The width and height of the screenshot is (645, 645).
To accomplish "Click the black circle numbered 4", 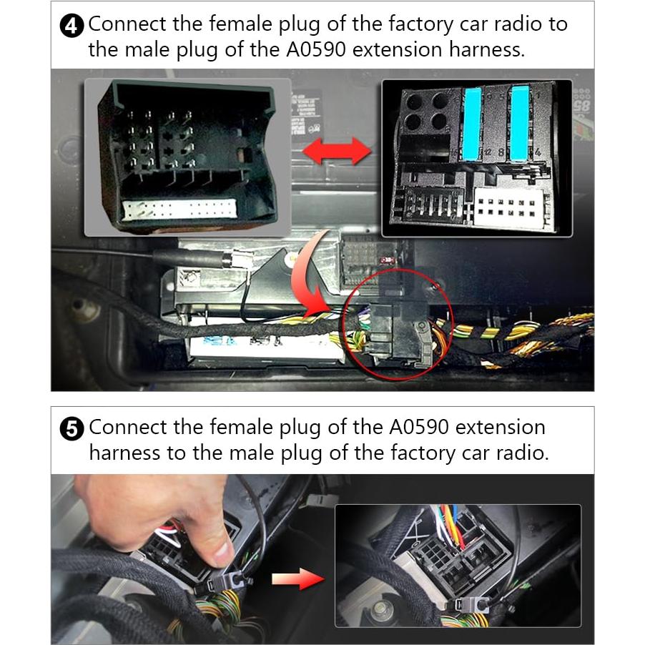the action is pos(72,26).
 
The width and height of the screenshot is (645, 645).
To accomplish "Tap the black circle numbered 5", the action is pos(72,429).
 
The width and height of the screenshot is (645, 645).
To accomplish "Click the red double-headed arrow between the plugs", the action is pos(337,151).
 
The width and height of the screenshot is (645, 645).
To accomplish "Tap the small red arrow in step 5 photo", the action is pos(298,578).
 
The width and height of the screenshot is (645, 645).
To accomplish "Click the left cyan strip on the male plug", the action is pos(473,124).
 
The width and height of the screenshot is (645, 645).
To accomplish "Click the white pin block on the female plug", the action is pos(180,209).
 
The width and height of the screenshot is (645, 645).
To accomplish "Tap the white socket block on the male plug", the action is pos(510,207).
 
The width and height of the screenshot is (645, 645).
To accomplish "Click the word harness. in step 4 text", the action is pos(487,50).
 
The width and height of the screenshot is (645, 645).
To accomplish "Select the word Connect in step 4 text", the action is pos(127,24).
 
